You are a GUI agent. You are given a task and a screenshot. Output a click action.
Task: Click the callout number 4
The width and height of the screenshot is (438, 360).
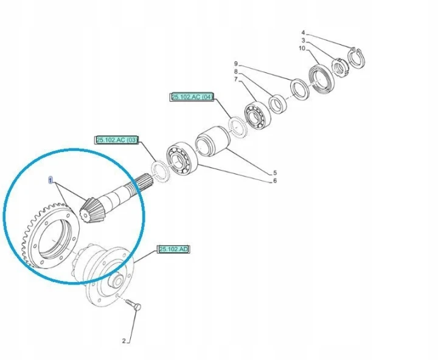click(304, 33)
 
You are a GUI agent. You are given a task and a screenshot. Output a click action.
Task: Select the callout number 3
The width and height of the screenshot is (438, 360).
click(304, 41)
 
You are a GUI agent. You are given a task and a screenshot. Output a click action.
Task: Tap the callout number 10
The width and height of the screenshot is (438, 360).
click(302, 48)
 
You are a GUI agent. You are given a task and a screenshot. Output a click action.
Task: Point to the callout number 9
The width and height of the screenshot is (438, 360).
click(236, 64)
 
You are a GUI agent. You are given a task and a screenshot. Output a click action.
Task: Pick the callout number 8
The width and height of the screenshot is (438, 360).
click(236, 72)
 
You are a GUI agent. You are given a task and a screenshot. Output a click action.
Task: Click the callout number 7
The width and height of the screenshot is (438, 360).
click(236, 79)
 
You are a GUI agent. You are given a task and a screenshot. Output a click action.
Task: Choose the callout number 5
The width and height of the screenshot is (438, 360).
click(275, 173)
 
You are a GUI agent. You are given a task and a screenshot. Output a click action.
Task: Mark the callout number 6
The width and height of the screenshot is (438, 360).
click(275, 181)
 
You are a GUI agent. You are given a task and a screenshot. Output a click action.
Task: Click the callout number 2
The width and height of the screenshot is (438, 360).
click(123, 341)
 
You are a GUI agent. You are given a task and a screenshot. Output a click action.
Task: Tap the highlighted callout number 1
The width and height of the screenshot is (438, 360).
click(50, 181)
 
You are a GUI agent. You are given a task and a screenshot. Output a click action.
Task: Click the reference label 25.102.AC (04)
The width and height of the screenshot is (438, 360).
click(192, 97)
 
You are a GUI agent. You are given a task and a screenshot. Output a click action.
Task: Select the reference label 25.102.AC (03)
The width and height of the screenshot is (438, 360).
click(117, 140)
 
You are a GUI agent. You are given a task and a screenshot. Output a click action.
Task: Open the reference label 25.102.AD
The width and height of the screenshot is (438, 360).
click(173, 249)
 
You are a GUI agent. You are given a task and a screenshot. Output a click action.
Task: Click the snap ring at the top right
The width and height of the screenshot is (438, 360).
click(356, 58)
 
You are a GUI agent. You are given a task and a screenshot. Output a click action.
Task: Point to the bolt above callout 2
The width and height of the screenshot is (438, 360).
click(134, 305)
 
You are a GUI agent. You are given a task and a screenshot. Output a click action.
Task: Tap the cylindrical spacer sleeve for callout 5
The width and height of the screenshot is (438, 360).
click(212, 142)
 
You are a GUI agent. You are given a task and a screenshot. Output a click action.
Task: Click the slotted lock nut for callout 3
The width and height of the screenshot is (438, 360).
click(339, 68)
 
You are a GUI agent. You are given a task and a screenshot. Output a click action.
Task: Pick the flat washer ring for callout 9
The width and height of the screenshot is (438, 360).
click(300, 89)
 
